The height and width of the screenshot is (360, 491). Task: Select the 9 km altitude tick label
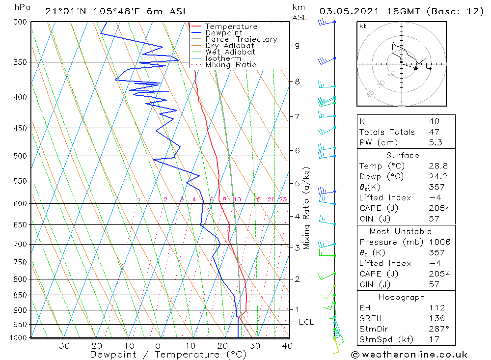tap(297, 46)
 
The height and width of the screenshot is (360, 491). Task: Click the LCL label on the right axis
tap(306, 322)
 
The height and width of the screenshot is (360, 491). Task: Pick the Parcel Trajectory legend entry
tap(241, 39)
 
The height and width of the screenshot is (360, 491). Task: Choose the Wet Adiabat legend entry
tap(230, 52)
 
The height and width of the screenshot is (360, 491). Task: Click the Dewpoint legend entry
tap(223, 33)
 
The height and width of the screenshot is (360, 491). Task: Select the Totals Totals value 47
tap(434, 132)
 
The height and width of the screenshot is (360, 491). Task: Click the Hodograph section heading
tap(402, 297)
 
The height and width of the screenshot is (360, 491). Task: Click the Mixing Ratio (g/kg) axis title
tap(307, 208)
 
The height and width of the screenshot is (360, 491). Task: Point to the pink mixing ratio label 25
tap(283, 199)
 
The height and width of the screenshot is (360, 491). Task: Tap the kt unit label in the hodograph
tap(362, 26)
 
